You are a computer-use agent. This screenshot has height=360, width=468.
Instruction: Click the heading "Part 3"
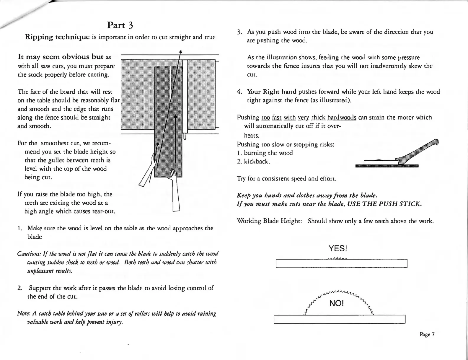click(x=120, y=25)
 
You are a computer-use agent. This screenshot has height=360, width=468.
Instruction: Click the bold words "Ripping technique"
click(x=57, y=37)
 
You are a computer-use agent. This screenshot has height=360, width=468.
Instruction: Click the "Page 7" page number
click(x=427, y=334)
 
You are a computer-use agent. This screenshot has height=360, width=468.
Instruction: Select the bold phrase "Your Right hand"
click(x=271, y=92)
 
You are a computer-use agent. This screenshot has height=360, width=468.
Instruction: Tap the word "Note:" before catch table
click(x=23, y=313)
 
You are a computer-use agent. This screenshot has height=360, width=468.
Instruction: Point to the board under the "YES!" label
click(x=341, y=263)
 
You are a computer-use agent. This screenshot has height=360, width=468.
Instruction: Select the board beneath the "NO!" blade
click(x=340, y=319)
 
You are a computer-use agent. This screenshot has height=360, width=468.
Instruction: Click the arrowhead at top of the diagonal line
click(x=180, y=52)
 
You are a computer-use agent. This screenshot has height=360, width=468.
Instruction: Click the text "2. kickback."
click(x=254, y=162)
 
